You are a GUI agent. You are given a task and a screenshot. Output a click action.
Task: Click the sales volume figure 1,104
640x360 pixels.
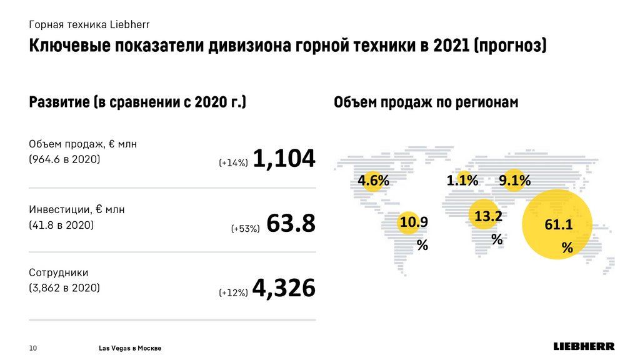[x=284, y=159]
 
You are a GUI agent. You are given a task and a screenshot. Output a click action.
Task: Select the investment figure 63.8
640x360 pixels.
[x=291, y=224]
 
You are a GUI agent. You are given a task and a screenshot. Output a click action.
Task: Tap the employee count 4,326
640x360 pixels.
[x=284, y=288]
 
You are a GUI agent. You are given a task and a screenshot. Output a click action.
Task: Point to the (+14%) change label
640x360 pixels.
[x=234, y=163]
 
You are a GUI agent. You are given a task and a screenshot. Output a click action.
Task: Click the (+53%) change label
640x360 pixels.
[x=245, y=229]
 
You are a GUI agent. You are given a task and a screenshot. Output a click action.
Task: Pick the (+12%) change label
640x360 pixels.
[x=234, y=292]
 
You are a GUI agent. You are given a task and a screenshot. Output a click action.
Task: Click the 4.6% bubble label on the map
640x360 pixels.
[x=373, y=181]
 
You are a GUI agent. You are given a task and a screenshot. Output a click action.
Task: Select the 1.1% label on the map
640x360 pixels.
[x=462, y=181]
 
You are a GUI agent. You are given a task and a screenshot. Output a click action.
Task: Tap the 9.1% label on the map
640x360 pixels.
[x=514, y=181]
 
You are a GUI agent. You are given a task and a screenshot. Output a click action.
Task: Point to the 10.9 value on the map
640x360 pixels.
[x=414, y=221]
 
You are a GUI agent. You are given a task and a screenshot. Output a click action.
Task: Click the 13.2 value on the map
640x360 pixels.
[x=488, y=216]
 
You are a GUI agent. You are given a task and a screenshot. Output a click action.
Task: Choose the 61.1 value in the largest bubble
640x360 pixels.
[x=558, y=225]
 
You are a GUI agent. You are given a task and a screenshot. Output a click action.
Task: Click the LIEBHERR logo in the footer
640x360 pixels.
[x=584, y=346]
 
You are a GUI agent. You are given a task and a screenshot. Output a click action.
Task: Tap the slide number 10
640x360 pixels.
[x=34, y=347]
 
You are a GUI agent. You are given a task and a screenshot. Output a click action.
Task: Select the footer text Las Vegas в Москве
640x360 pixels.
[x=130, y=347]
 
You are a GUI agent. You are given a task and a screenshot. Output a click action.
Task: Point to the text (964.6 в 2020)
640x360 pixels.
[x=65, y=159]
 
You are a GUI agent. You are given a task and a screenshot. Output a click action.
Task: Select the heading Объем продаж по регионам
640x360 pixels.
[x=426, y=102]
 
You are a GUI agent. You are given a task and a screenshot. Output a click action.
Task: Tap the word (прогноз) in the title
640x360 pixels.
[x=509, y=46]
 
